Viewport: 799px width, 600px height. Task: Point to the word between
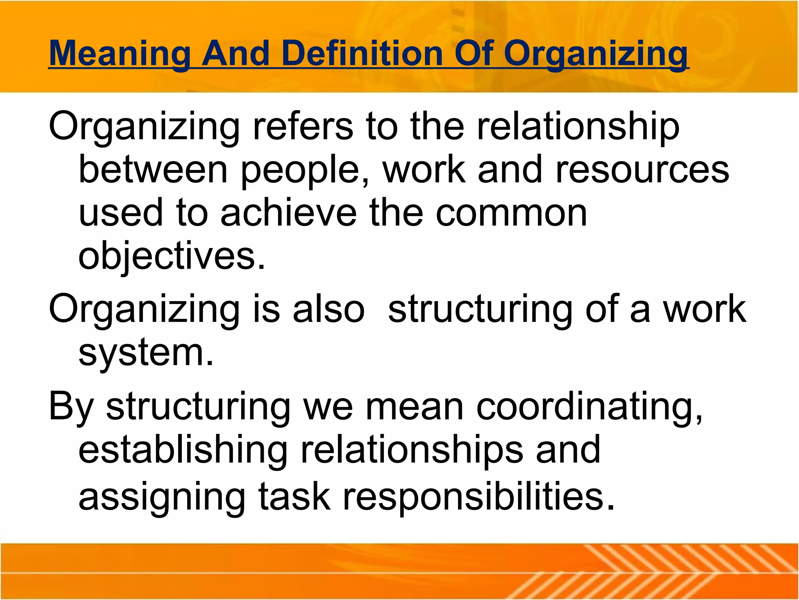(x=153, y=170)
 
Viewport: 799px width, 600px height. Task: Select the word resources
(x=642, y=170)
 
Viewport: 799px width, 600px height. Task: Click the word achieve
(x=289, y=213)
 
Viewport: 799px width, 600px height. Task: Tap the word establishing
(x=183, y=450)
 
